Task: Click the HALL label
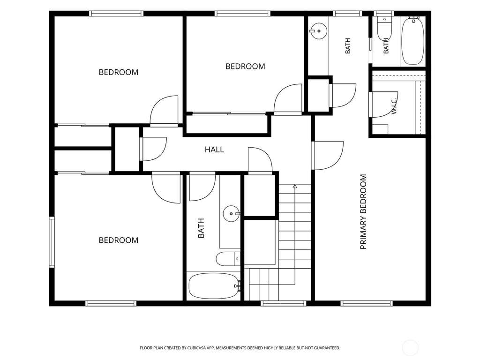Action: (214, 150)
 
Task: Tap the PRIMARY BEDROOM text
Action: (363, 212)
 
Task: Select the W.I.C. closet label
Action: (394, 106)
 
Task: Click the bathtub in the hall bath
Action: (213, 285)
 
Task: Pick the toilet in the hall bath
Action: (228, 259)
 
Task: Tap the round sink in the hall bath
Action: (232, 214)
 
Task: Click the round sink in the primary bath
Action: (318, 31)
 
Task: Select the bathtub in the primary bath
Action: (412, 41)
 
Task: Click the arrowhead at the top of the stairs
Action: (295, 186)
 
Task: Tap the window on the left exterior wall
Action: (52, 242)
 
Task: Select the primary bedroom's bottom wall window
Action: (367, 303)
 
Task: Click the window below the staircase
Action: (284, 303)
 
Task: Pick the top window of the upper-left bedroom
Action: (116, 14)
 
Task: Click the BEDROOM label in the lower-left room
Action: (119, 240)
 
